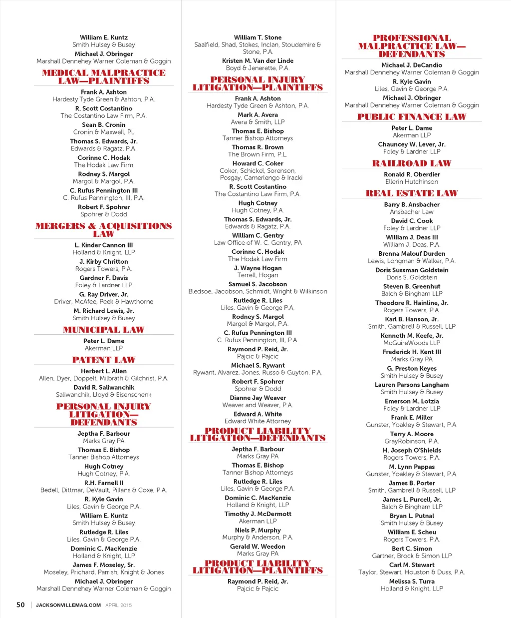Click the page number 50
point(20,605)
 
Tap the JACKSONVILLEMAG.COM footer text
point(68,605)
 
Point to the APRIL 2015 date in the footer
point(119,605)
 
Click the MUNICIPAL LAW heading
point(104,330)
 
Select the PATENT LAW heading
point(104,360)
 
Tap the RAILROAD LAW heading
point(412,163)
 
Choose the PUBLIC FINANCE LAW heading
point(412,117)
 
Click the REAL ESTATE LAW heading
point(412,193)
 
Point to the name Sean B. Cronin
point(104,125)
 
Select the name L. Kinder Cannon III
point(104,245)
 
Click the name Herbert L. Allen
point(104,371)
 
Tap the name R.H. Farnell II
point(104,483)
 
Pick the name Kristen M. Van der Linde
point(257,61)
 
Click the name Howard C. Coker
point(257,163)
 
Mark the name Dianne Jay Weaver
point(257,398)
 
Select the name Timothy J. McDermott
point(257,514)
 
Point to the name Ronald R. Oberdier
point(412,174)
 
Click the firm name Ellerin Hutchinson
point(412,182)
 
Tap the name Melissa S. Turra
point(412,582)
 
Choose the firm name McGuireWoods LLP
point(412,343)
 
